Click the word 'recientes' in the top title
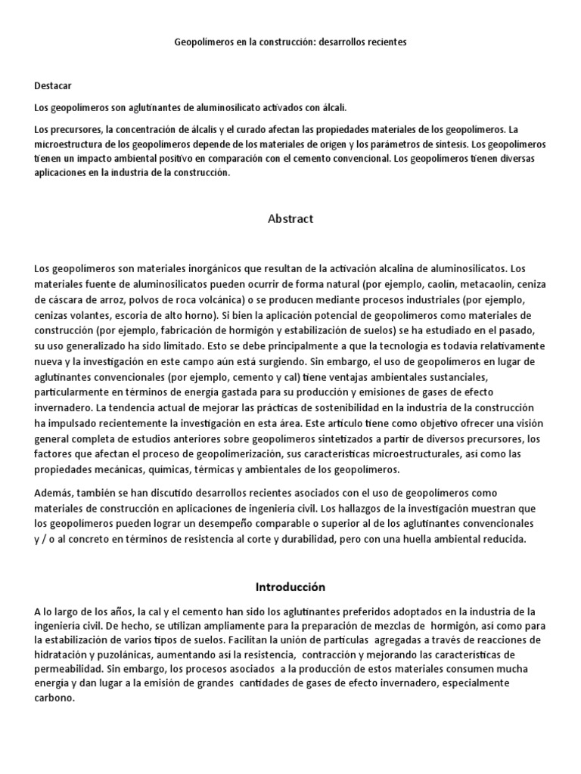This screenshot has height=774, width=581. click(386, 43)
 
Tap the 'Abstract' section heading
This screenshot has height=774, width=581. click(290, 219)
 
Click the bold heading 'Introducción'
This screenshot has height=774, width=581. click(290, 587)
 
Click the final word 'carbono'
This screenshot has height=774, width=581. click(54, 698)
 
